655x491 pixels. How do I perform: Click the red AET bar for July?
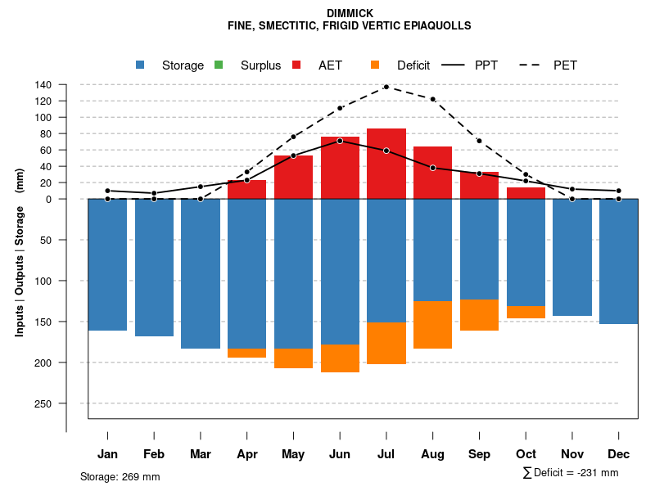click(x=386, y=164)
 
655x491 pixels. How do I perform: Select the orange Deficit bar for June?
click(x=340, y=358)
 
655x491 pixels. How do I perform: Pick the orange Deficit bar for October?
click(x=526, y=312)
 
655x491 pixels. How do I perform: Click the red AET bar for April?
click(x=246, y=190)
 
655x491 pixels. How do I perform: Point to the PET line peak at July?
click(x=386, y=86)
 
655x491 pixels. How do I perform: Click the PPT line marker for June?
click(x=340, y=141)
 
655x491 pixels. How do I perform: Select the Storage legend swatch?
click(x=140, y=65)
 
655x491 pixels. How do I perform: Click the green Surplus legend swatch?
click(x=219, y=65)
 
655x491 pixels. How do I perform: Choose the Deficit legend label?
click(x=413, y=65)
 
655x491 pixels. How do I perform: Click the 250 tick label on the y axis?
click(x=43, y=403)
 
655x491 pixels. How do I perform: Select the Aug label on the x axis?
click(x=432, y=454)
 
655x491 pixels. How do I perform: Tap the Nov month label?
click(x=572, y=454)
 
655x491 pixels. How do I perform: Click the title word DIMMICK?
click(x=350, y=13)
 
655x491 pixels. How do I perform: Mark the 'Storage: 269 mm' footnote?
click(x=120, y=476)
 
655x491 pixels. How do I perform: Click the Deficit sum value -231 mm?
click(x=598, y=473)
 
